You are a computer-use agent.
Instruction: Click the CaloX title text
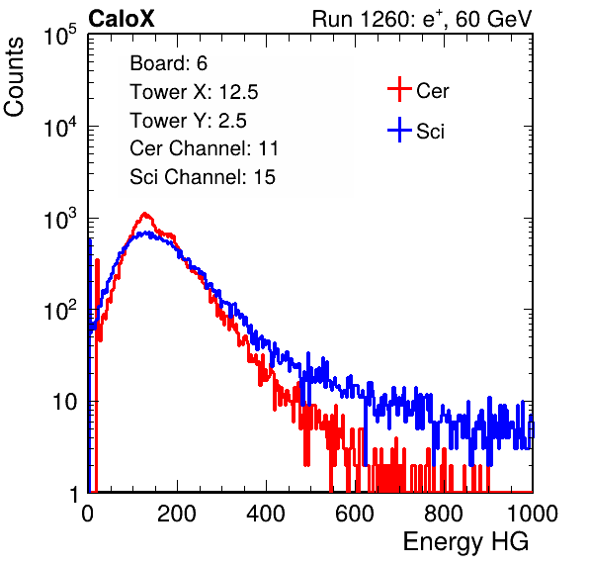(x=122, y=19)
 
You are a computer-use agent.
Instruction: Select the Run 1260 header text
(x=422, y=19)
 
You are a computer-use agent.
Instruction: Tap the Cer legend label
(x=432, y=91)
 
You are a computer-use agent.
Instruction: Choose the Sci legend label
(x=431, y=132)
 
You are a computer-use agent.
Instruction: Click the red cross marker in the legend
(x=399, y=89)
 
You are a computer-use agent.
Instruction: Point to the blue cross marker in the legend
(x=399, y=130)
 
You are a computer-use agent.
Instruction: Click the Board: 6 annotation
(x=169, y=63)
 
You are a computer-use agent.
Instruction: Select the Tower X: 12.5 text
(x=194, y=92)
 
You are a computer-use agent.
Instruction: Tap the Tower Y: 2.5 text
(x=188, y=121)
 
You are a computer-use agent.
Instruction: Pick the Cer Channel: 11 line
(x=204, y=148)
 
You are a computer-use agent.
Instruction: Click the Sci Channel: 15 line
(x=203, y=177)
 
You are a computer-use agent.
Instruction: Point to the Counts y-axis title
(x=14, y=77)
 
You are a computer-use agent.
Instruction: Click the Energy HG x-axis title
(x=465, y=542)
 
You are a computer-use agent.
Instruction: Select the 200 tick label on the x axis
(x=177, y=514)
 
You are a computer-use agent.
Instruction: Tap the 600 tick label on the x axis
(x=355, y=514)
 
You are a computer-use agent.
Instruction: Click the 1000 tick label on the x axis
(x=533, y=514)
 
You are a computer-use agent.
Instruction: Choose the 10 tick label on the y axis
(x=64, y=402)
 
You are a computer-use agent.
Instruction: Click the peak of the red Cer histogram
(x=144, y=214)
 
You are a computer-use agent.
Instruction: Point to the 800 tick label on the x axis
(x=444, y=514)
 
